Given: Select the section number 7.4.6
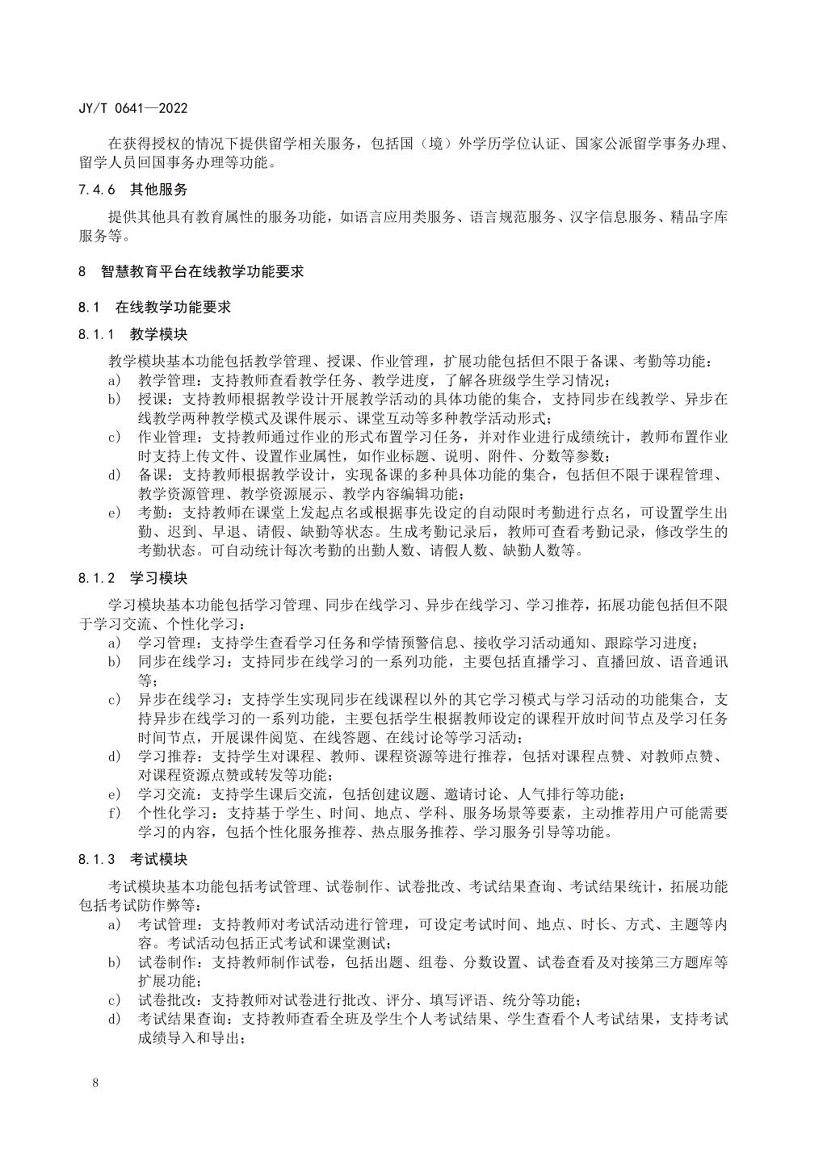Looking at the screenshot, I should point(98,190).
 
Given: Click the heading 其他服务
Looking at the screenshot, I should point(159,190).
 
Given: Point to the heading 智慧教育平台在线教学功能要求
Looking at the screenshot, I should point(203,272).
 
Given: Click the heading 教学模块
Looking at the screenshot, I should point(159,334).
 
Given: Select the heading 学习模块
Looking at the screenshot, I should point(159,578).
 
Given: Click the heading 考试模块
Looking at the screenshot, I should point(159,859).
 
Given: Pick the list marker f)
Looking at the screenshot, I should point(115,813).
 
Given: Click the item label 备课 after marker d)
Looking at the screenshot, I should point(152,475).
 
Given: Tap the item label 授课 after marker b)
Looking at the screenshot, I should point(152,399).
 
